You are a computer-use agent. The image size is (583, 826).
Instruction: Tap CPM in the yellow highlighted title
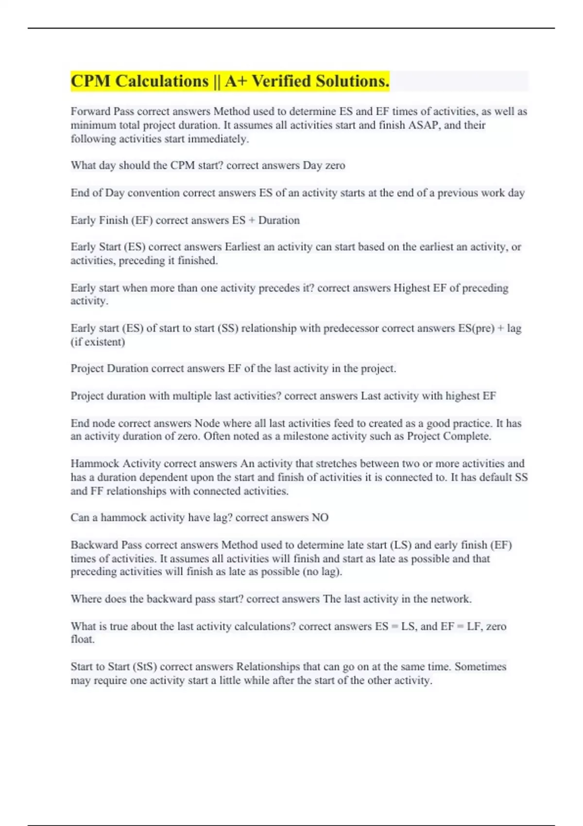91,81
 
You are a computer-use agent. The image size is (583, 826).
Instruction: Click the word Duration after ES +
279,220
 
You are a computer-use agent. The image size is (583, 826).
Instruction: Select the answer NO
320,517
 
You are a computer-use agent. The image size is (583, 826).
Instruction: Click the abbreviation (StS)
138,667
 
